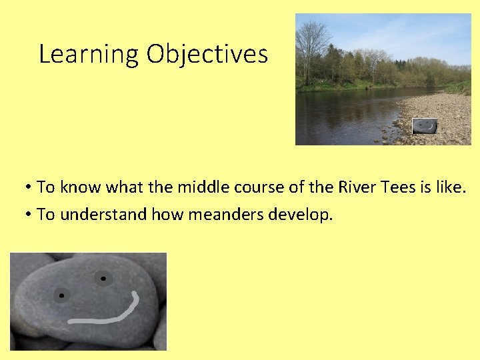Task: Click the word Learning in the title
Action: pyautogui.click(x=89, y=54)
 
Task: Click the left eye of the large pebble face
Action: pyautogui.click(x=61, y=295)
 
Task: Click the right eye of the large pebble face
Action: pyautogui.click(x=103, y=278)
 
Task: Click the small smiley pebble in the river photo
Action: pyautogui.click(x=425, y=126)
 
